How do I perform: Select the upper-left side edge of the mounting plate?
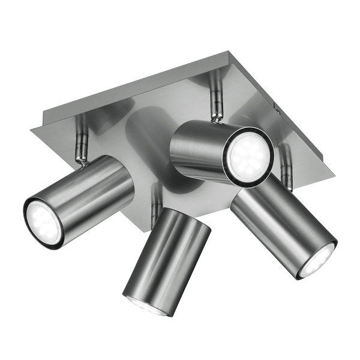point(126,87)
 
